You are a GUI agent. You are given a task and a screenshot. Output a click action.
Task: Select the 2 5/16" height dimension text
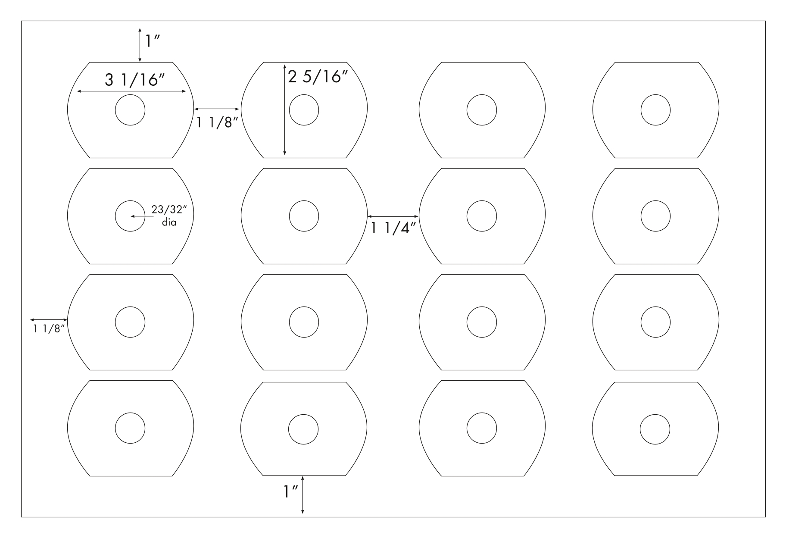[318, 77]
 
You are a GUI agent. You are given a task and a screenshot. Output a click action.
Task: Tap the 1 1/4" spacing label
[393, 228]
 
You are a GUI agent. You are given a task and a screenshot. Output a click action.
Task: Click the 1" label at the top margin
[152, 41]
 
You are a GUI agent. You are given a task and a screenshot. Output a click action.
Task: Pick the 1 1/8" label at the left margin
[49, 329]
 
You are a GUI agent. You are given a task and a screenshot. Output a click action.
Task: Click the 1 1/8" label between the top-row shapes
[218, 122]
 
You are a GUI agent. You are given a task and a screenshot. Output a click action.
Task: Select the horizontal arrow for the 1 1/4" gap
[393, 216]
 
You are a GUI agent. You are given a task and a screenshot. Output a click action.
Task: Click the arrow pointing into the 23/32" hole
[142, 216]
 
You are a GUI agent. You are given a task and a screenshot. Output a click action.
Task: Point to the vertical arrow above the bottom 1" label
[303, 495]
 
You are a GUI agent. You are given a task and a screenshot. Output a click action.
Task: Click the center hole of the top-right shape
[655, 110]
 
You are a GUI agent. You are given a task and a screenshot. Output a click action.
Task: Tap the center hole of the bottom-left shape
[130, 429]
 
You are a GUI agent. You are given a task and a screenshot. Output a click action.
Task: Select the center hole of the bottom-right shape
[655, 429]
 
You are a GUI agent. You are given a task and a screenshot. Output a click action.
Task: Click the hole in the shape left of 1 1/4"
[304, 216]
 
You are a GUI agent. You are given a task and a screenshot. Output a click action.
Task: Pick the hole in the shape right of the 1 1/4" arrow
[482, 216]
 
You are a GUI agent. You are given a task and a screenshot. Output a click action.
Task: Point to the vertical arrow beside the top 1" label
[140, 45]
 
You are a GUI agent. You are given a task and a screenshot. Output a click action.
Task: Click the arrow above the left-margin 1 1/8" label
[49, 319]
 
